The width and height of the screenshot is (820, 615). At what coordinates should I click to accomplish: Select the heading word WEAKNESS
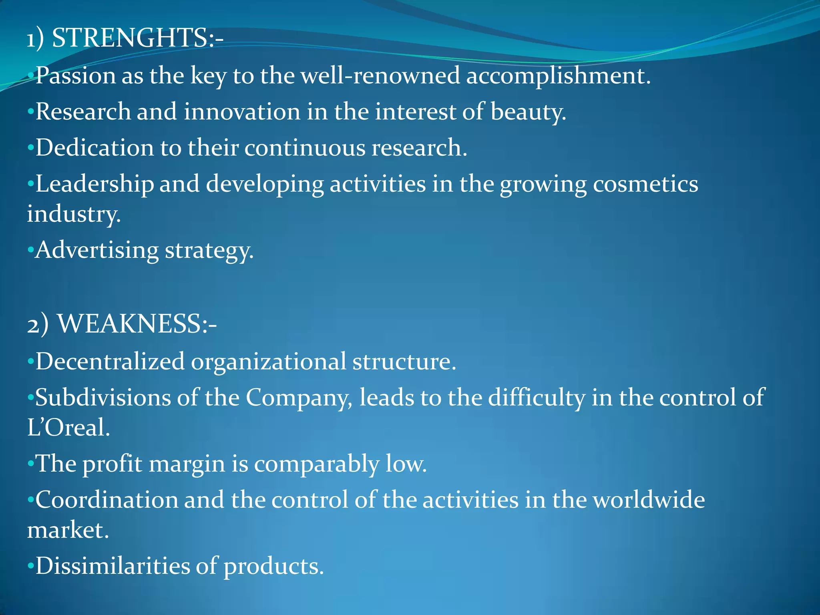130,324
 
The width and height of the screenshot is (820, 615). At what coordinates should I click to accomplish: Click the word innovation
242,111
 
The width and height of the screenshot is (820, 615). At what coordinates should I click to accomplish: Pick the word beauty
528,112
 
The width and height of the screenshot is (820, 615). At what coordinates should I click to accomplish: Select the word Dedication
94,147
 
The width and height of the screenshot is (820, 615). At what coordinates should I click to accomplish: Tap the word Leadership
94,184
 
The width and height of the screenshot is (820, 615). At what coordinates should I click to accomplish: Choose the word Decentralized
110,362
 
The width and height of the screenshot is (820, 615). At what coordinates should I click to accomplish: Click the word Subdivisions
103,398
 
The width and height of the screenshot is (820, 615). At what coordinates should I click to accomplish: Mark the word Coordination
107,500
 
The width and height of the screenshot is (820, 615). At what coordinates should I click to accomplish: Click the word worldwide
648,500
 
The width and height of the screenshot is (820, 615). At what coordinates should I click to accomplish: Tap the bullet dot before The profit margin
30,464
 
